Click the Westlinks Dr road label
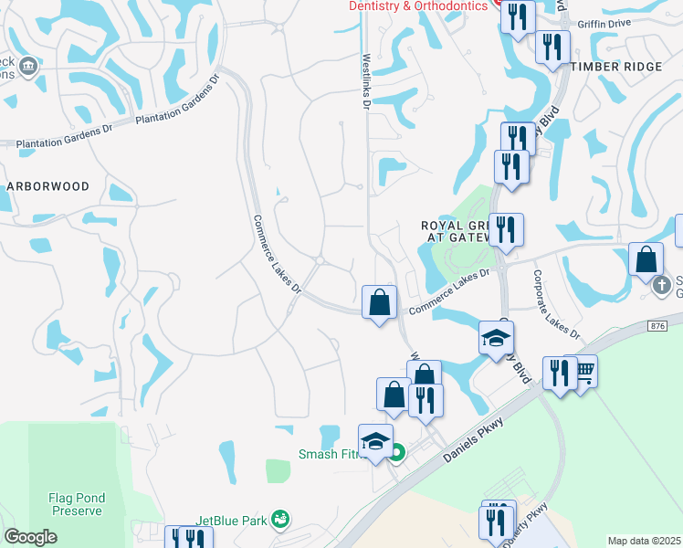[364, 80]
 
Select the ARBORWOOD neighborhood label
[48, 186]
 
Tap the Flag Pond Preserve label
[77, 505]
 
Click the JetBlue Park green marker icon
[281, 521]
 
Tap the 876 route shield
[658, 325]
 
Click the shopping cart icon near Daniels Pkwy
[585, 370]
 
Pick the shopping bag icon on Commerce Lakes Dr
[380, 300]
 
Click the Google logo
[31, 537]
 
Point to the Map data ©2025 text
[644, 541]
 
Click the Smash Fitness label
[333, 454]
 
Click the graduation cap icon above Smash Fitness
[375, 440]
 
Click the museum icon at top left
[27, 66]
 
